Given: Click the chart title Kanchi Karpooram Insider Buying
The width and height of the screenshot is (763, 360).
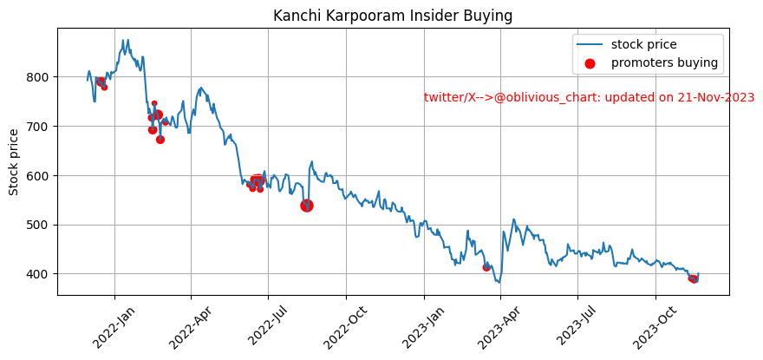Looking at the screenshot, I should (x=393, y=16).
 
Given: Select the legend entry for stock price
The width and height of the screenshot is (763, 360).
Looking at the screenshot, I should (x=643, y=44).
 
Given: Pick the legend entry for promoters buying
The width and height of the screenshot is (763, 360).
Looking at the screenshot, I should (x=664, y=62).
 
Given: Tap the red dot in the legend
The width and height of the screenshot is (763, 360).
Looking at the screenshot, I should (x=590, y=63).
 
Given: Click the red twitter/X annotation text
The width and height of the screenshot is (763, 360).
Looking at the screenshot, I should (x=589, y=98).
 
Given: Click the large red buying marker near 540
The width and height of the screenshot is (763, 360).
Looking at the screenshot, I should (x=307, y=206).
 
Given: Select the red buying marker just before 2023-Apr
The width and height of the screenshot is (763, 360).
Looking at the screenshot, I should (x=486, y=267).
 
